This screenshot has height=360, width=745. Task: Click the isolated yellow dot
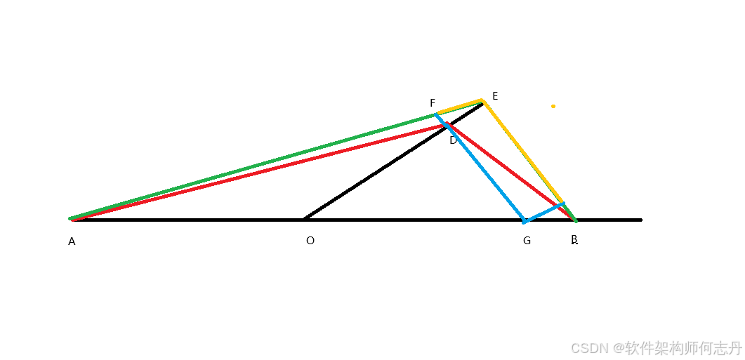pos(553,107)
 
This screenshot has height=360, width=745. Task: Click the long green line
pos(253,167)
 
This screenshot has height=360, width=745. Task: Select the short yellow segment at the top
pos(460,107)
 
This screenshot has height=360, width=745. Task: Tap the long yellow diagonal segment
pos(522,152)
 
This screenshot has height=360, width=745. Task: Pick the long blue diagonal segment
pos(480,168)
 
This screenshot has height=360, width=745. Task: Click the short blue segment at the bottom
pos(543,213)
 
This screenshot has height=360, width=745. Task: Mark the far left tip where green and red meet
pos(71,219)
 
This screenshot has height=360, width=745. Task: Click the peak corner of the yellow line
pos(482,100)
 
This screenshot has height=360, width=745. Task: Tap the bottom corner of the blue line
pos(524,222)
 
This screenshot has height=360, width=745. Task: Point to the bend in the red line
pos(446,124)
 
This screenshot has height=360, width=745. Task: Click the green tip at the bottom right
pos(576,221)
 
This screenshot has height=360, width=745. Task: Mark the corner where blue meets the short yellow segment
pos(437,114)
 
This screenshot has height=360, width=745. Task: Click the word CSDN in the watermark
pos(588,347)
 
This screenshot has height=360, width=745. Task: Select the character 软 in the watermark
pos(631,347)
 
